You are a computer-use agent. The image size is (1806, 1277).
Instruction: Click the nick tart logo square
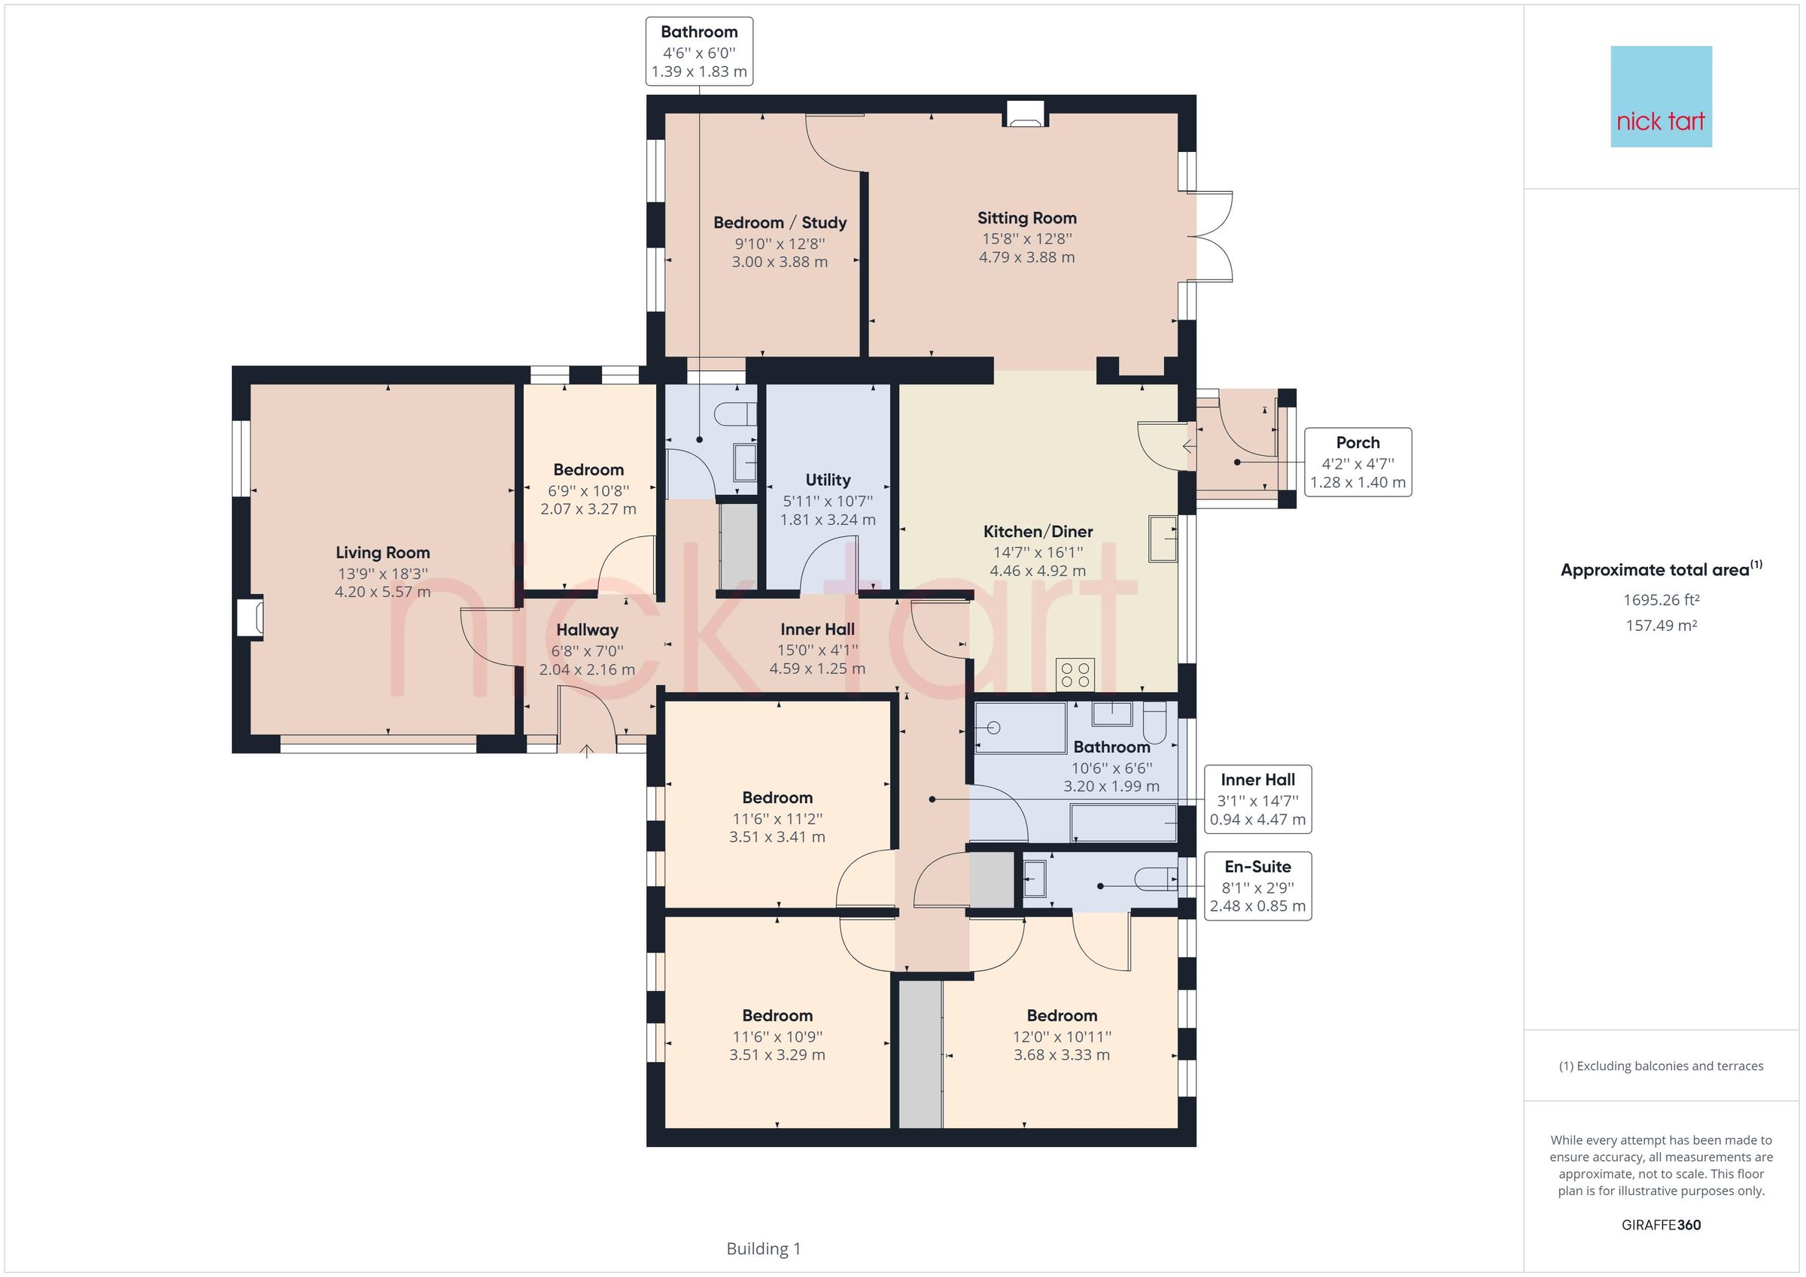click(1661, 97)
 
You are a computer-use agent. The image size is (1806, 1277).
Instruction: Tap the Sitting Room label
click(1026, 219)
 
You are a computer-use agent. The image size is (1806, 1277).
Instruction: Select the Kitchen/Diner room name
click(1038, 532)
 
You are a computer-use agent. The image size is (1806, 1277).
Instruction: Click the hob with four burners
click(1075, 675)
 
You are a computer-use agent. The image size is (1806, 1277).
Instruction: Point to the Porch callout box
click(1357, 463)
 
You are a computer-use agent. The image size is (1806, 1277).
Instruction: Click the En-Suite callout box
click(1257, 886)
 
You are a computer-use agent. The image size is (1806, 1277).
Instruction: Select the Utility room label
click(828, 480)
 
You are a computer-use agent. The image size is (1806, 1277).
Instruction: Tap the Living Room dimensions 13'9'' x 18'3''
click(382, 574)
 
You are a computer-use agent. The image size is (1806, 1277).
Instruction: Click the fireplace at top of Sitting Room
click(1024, 115)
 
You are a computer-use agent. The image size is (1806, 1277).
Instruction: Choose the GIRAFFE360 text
click(1661, 1225)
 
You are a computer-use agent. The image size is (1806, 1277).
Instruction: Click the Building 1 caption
click(763, 1248)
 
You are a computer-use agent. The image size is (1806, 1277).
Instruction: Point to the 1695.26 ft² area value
click(1661, 600)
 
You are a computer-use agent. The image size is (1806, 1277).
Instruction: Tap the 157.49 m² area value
click(1661, 626)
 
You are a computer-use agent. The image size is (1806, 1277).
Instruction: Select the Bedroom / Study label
click(780, 223)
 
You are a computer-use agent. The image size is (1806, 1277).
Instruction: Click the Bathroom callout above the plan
click(698, 51)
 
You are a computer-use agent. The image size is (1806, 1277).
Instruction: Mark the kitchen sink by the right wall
click(1163, 538)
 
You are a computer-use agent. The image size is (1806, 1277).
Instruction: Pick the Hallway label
click(587, 629)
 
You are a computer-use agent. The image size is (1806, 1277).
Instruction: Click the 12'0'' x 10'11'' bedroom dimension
click(1061, 1037)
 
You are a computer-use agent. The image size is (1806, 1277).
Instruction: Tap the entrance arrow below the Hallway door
click(587, 751)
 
